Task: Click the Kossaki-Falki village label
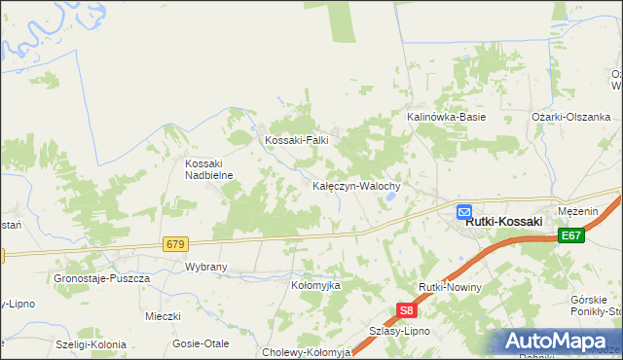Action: pyautogui.click(x=297, y=140)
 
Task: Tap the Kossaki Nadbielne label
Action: pyautogui.click(x=205, y=169)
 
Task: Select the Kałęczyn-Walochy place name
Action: pyautogui.click(x=363, y=185)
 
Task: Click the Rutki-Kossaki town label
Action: pyautogui.click(x=503, y=222)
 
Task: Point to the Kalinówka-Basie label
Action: pyautogui.click(x=446, y=117)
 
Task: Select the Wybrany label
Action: pyautogui.click(x=205, y=266)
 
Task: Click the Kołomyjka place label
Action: pyautogui.click(x=315, y=285)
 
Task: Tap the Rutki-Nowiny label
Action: pyautogui.click(x=450, y=288)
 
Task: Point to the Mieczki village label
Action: pyautogui.click(x=164, y=316)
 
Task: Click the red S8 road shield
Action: pyautogui.click(x=408, y=311)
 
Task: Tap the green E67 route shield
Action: pyautogui.click(x=571, y=235)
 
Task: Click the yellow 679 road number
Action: pyautogui.click(x=175, y=243)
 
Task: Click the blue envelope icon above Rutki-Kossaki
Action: pyautogui.click(x=464, y=210)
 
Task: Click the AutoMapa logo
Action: pyautogui.click(x=559, y=342)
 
